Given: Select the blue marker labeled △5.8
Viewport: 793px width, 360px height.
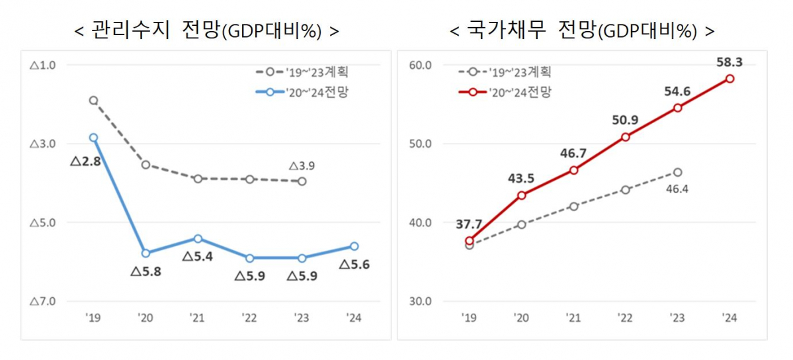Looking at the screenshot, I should tap(146, 253).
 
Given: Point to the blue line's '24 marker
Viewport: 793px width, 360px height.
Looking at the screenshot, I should tap(354, 246).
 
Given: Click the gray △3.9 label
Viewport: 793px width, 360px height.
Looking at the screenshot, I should tap(302, 165).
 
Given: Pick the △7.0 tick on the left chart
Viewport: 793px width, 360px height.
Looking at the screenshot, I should tap(42, 302).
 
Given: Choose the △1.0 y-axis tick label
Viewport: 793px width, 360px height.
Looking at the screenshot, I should tap(42, 65).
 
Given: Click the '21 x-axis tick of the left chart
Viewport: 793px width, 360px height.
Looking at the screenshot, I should tap(197, 318).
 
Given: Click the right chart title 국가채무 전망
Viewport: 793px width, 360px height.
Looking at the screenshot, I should tap(582, 30).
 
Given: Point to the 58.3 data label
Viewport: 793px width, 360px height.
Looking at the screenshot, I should tap(729, 62).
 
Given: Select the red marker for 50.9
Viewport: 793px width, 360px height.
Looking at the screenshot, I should tap(626, 137).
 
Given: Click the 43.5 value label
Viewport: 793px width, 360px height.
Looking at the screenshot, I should tap(521, 178).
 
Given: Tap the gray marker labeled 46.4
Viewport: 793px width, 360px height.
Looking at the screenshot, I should tap(678, 172).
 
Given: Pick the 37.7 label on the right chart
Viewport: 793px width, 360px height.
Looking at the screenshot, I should tap(469, 224).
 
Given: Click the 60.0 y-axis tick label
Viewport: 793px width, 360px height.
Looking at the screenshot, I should tap(420, 65).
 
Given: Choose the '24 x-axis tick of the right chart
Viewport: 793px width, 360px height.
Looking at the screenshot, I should tap(730, 318).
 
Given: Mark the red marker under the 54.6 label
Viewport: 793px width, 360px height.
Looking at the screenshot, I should tap(678, 107).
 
